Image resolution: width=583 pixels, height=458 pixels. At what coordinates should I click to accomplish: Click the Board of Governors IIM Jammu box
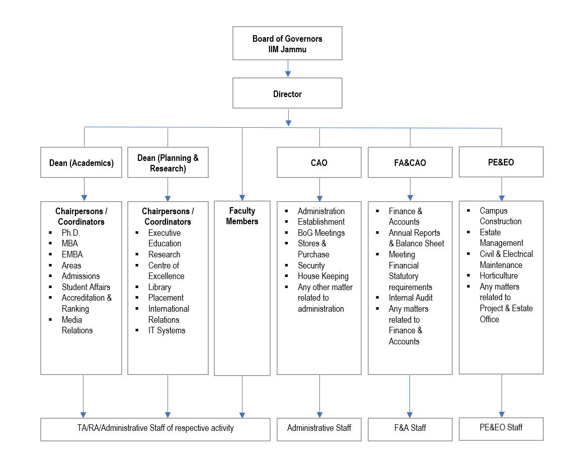point(287,44)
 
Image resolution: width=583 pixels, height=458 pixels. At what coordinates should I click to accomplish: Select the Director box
point(287,94)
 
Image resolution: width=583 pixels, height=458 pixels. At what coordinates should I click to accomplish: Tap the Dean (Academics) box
point(81,163)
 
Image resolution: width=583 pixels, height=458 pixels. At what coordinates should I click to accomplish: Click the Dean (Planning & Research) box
point(168,163)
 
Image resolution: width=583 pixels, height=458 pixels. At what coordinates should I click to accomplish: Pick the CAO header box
point(319,163)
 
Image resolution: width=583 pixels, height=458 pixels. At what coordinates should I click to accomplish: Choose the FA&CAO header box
point(410,163)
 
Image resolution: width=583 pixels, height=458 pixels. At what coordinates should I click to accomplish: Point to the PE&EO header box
point(501,162)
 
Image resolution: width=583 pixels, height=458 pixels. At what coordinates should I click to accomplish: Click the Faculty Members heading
point(242,216)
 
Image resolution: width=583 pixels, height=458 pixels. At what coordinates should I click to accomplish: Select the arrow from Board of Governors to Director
point(288,69)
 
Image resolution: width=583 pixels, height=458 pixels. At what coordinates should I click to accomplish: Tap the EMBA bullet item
point(72,254)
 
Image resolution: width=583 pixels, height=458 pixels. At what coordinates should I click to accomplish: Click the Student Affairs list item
point(86,287)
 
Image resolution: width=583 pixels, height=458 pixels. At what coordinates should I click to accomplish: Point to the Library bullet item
point(159,287)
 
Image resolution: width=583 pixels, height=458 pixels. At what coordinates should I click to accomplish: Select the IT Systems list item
point(166,330)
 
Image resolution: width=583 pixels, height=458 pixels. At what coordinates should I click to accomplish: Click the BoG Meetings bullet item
point(321,233)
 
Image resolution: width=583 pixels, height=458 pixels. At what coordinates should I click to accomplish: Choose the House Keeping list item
point(323,276)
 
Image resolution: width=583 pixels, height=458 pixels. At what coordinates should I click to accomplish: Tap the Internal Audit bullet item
point(410,298)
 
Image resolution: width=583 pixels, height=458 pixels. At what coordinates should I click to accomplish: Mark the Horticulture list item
point(498,276)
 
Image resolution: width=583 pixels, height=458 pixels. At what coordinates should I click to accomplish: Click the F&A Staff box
point(410,428)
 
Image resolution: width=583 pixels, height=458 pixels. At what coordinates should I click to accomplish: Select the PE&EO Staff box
point(501,427)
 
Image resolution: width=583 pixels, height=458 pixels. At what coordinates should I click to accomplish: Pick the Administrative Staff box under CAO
point(319,428)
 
